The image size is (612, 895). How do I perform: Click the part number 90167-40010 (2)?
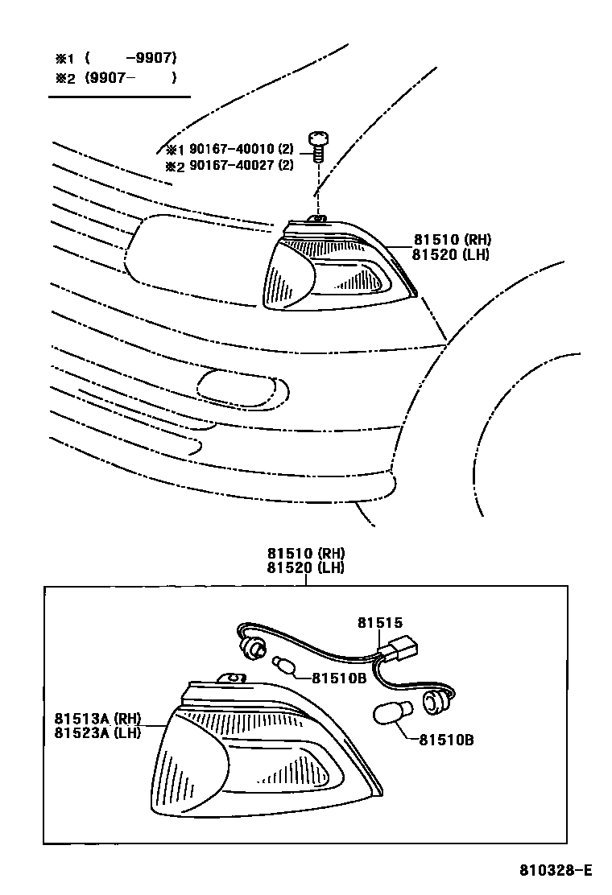[241, 150]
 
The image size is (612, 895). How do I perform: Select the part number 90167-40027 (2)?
[241, 166]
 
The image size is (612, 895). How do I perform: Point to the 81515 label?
[379, 622]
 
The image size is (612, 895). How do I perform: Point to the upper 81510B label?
[339, 678]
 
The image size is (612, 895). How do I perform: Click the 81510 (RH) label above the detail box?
[306, 554]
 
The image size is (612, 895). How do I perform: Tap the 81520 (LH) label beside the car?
[451, 255]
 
